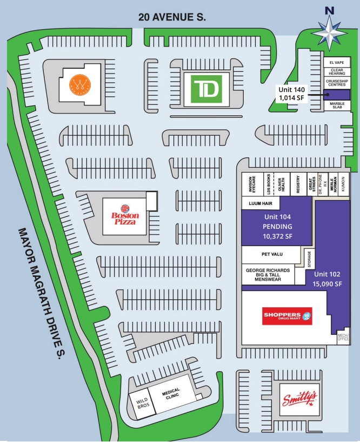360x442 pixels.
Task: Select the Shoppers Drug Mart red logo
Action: pyautogui.click(x=287, y=316)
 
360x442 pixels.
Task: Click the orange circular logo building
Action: pyautogui.click(x=79, y=84)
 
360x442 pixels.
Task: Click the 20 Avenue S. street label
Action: pyautogui.click(x=172, y=17)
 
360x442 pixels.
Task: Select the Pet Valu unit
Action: pyautogui.click(x=269, y=253)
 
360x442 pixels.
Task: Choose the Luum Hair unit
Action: pyautogui.click(x=260, y=203)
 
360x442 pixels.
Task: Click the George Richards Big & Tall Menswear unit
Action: pyautogui.click(x=268, y=274)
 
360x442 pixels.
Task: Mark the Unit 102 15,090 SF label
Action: pyautogui.click(x=328, y=279)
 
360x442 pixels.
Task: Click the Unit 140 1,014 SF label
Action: pyautogui.click(x=291, y=94)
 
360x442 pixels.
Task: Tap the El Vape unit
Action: pyautogui.click(x=337, y=63)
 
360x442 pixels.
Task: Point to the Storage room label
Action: pyautogui.click(x=309, y=259)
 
